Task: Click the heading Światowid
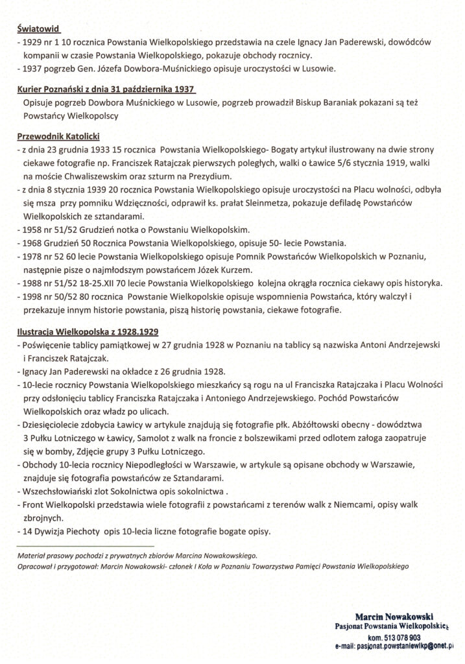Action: tap(40, 29)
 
